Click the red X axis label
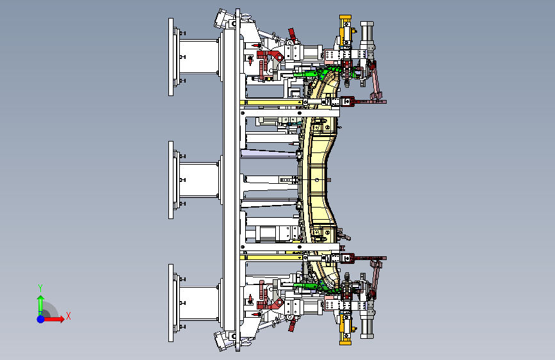[x=68, y=316]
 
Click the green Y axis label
[x=40, y=288]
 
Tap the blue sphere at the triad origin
[x=41, y=319]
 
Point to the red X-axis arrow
[x=54, y=319]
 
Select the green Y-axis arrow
[x=41, y=304]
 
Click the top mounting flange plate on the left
[x=171, y=57]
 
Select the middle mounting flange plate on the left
[x=171, y=180]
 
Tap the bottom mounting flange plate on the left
[x=171, y=303]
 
